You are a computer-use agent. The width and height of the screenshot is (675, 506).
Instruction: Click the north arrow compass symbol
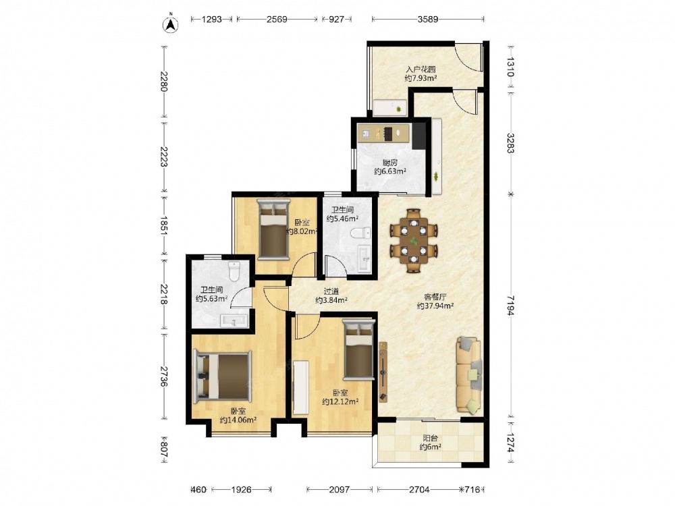(x=171, y=24)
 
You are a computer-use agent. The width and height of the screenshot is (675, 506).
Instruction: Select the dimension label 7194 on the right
(x=510, y=306)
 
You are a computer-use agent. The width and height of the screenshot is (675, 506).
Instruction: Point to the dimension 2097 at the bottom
(x=340, y=490)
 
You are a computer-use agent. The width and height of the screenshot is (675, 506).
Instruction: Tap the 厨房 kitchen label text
(x=390, y=163)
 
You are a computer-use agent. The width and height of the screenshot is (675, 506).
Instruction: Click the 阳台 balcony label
(x=430, y=438)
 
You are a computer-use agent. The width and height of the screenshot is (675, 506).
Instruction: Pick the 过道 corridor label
(x=331, y=291)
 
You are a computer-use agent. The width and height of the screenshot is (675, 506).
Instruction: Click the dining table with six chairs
(x=413, y=241)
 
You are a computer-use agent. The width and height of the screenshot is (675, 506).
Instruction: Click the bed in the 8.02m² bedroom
(x=273, y=229)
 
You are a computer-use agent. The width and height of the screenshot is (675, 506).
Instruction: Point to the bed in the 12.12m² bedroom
(x=358, y=349)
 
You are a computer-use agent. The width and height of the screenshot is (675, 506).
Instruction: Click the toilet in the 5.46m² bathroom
(x=360, y=233)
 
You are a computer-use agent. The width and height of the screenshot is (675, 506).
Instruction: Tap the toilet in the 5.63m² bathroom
(x=234, y=271)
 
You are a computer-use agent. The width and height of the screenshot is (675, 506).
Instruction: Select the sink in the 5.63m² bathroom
(x=234, y=320)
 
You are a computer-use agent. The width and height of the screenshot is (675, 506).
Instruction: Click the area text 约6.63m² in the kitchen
(x=390, y=171)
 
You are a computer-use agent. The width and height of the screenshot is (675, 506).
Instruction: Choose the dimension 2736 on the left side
(x=163, y=376)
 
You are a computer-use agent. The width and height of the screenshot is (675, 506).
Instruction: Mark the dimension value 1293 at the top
(x=211, y=19)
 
